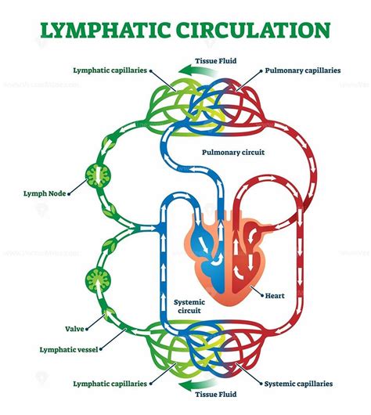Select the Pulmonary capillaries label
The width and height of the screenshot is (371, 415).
[303, 70]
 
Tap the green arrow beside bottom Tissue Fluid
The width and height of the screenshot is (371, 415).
[189, 384]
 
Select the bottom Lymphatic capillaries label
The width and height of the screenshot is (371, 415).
[108, 383]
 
